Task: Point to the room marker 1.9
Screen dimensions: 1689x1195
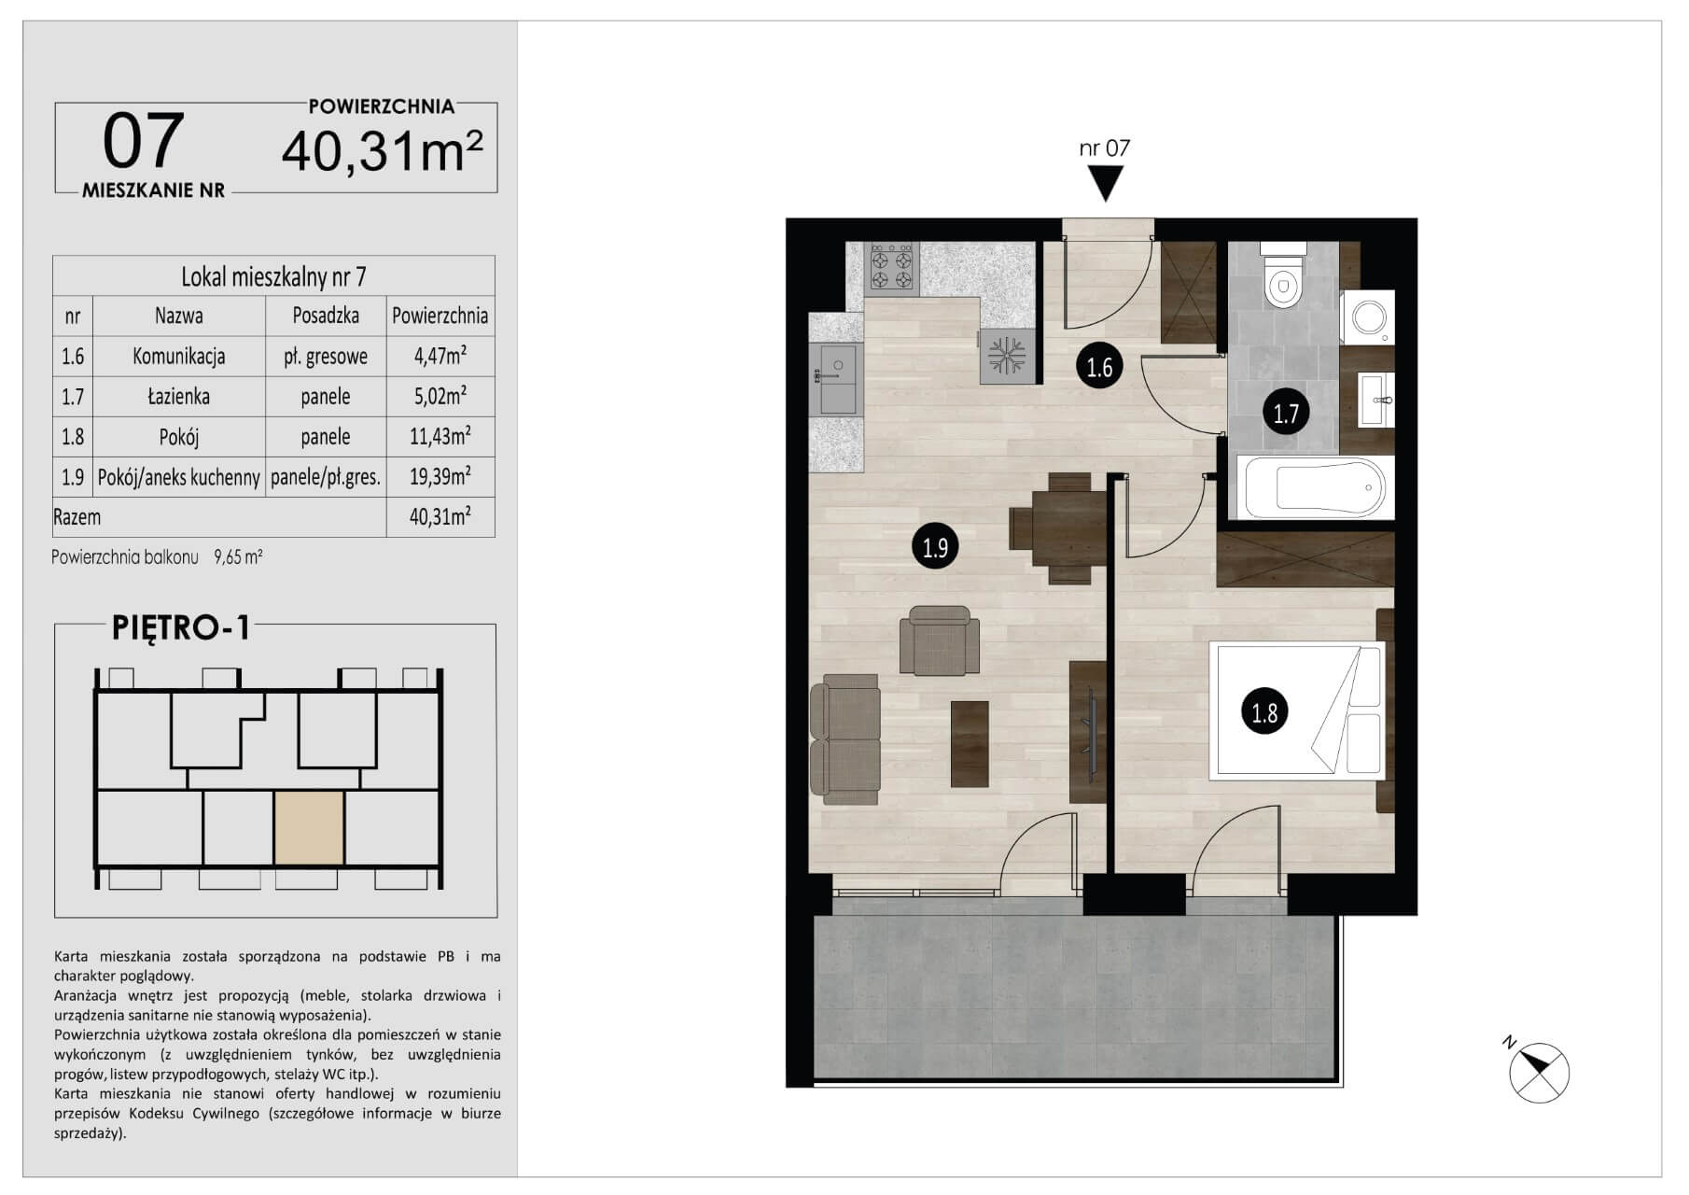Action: point(935,547)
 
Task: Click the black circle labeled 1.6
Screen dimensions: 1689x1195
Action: point(1100,367)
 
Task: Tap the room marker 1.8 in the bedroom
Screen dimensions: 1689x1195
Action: point(1264,713)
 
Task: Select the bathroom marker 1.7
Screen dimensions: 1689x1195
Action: point(1287,413)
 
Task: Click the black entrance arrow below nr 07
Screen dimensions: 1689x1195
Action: point(1107,184)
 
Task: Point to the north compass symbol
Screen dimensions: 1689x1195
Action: point(1537,1072)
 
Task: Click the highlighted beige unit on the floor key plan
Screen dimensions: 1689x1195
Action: point(310,827)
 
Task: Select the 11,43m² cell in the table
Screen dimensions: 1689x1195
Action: point(440,436)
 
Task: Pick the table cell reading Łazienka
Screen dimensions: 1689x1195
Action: point(179,396)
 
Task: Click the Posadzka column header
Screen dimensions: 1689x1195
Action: point(326,316)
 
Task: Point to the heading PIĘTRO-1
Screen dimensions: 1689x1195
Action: point(181,628)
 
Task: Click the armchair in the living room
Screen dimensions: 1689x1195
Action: point(940,640)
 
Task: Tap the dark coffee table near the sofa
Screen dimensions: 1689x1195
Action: point(970,744)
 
